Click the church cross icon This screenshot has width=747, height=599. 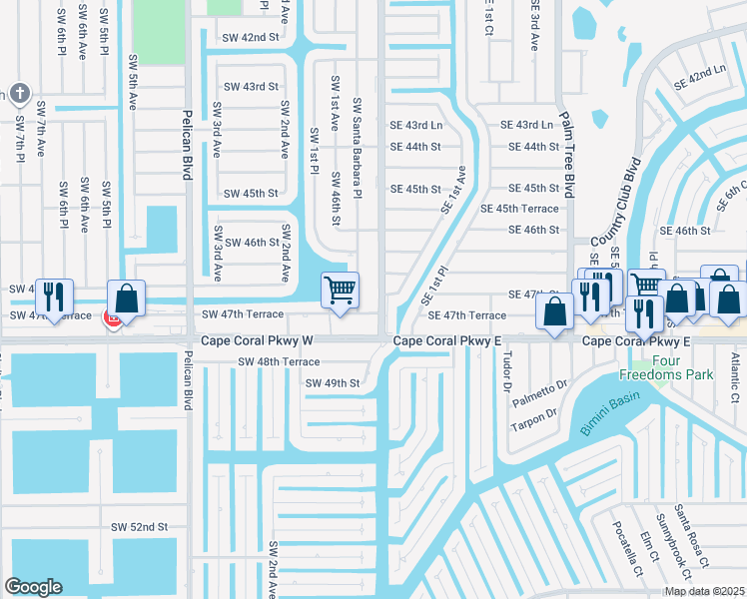click(x=18, y=95)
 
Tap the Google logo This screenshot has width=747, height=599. click(x=34, y=587)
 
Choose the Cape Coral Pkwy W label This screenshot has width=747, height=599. click(x=258, y=340)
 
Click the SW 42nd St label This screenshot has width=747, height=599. click(x=251, y=37)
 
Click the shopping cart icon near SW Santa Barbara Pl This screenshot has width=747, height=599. click(x=340, y=291)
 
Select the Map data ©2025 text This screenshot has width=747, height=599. click(x=704, y=591)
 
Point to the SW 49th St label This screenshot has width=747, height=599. click(x=332, y=383)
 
